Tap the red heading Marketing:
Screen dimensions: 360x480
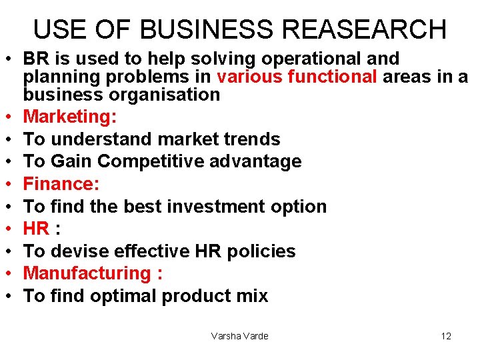70,117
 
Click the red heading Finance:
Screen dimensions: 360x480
61,183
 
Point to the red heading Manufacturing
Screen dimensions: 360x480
87,273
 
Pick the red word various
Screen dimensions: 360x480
250,77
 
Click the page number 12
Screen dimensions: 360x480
446,336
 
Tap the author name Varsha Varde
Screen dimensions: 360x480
239,336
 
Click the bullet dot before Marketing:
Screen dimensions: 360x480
13,117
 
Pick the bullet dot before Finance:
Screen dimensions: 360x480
13,184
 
